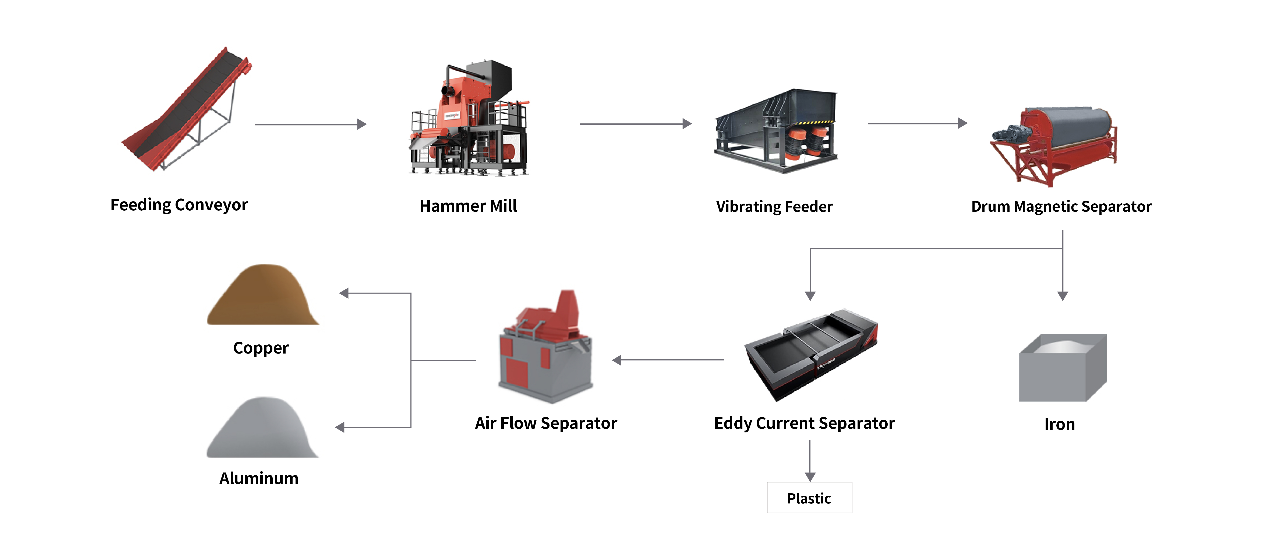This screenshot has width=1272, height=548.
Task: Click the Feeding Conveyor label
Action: (x=179, y=205)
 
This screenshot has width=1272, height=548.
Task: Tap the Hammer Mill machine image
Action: (x=469, y=121)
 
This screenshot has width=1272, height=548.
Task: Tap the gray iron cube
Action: (x=1062, y=368)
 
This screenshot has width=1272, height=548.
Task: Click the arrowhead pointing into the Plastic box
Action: (x=810, y=476)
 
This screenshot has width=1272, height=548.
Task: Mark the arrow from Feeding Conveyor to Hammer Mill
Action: (x=310, y=124)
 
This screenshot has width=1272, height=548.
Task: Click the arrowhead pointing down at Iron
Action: (x=1063, y=295)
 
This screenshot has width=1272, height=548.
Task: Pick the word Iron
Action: (x=1059, y=424)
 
